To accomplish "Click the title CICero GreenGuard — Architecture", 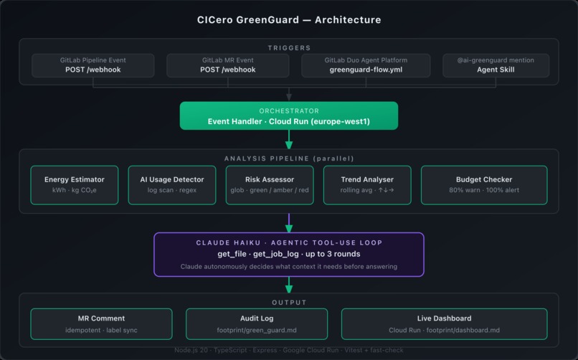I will click(x=289, y=20).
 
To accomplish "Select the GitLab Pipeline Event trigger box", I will click(x=93, y=65).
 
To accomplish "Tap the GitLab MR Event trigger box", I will click(x=227, y=65).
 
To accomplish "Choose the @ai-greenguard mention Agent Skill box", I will click(x=496, y=65).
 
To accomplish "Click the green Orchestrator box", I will click(x=289, y=115).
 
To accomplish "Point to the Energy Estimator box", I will click(x=75, y=185).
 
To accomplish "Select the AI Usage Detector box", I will click(x=172, y=185).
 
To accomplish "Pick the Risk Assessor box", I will click(x=270, y=185).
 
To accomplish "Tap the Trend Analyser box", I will click(x=367, y=185).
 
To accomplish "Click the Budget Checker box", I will click(x=484, y=185).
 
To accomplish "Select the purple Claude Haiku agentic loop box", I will click(x=289, y=254).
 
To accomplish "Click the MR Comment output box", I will click(x=101, y=323).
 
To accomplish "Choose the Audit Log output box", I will click(x=257, y=323).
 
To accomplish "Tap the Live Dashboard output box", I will click(x=444, y=323).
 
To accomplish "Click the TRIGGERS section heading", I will click(x=289, y=48).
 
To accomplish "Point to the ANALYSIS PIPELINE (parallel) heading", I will click(x=289, y=158).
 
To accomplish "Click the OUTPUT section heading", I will click(x=289, y=302).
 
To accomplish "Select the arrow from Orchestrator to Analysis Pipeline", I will click(x=289, y=139).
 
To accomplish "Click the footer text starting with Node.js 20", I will click(x=289, y=351).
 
